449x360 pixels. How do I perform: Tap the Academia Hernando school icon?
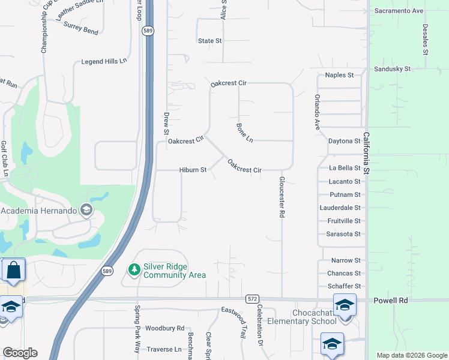[x=86, y=210]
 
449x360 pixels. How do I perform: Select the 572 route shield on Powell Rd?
[x=252, y=298]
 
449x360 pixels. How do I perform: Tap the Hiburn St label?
[x=193, y=170]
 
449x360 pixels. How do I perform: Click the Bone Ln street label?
[x=245, y=133]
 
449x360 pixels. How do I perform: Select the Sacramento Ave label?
[x=399, y=11]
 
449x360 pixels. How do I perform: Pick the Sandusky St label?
[x=392, y=69]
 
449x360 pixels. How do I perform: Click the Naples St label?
[x=339, y=75]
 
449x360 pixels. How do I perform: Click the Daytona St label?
[x=344, y=141]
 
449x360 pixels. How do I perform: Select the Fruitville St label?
[x=344, y=221]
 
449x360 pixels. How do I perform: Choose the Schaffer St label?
[x=345, y=286]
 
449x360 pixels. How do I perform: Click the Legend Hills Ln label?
[x=104, y=62]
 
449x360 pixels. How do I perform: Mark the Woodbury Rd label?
[x=164, y=328]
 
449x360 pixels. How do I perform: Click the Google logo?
[x=20, y=353]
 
